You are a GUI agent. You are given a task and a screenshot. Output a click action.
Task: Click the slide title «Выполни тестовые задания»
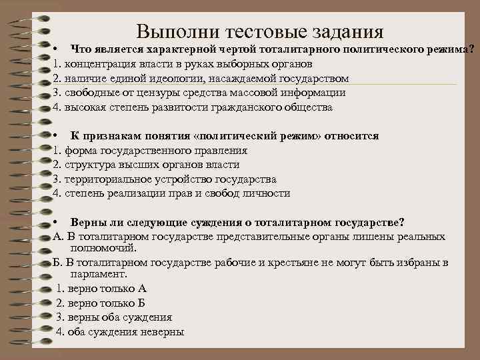click(x=260, y=31)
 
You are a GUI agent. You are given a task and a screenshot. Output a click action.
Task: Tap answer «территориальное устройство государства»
click(x=169, y=179)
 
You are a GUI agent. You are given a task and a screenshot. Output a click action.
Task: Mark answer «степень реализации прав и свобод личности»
click(x=177, y=194)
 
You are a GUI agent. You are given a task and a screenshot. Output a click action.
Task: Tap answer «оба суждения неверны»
click(x=124, y=332)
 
